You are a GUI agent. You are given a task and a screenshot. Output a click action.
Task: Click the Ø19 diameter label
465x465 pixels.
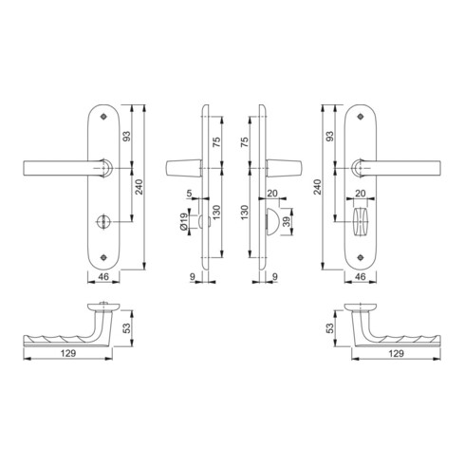coord(183,221)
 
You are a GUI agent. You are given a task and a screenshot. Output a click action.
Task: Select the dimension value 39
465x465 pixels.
coord(287,221)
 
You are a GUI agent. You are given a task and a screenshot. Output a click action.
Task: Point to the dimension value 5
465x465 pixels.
coord(189,193)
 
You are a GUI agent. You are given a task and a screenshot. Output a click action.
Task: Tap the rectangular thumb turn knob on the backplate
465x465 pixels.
coord(361,222)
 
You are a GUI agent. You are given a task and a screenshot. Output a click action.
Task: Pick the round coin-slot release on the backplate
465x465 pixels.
coord(102,221)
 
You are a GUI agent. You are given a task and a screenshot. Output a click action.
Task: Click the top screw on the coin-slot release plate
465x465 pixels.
coord(102,117)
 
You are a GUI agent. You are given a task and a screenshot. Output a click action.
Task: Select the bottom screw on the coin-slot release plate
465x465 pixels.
coord(102,257)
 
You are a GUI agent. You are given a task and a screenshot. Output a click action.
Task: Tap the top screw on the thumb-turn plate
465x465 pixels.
coord(360,117)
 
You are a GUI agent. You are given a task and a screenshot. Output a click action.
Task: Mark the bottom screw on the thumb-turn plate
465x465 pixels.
coord(360,257)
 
